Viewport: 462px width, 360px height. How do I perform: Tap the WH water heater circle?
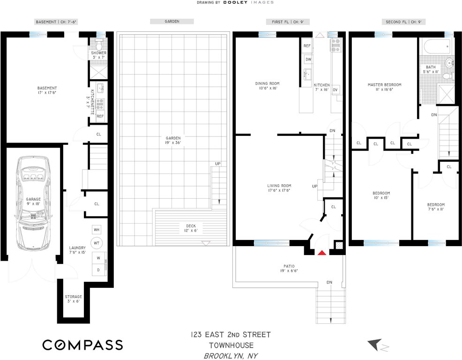coord(97,230)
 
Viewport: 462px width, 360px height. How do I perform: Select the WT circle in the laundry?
coord(97,243)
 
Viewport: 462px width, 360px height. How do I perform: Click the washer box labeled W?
coord(99,258)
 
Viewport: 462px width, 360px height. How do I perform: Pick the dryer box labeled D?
coord(99,270)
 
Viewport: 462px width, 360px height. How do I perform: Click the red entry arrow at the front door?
coord(321,253)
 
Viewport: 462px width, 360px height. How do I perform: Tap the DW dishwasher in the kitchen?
coord(308,60)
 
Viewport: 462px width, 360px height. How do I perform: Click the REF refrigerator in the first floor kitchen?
coord(307,46)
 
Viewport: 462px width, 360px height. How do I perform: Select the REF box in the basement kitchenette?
coord(100,116)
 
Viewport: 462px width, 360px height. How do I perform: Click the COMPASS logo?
coord(82,345)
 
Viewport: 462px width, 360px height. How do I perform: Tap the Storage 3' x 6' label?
coord(74,299)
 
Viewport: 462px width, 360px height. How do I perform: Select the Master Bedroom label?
coord(384,87)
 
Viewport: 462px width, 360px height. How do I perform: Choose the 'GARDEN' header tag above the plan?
coord(171,22)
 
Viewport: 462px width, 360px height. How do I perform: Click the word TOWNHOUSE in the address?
coord(230,345)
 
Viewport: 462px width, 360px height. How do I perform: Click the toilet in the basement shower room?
coord(99,45)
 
